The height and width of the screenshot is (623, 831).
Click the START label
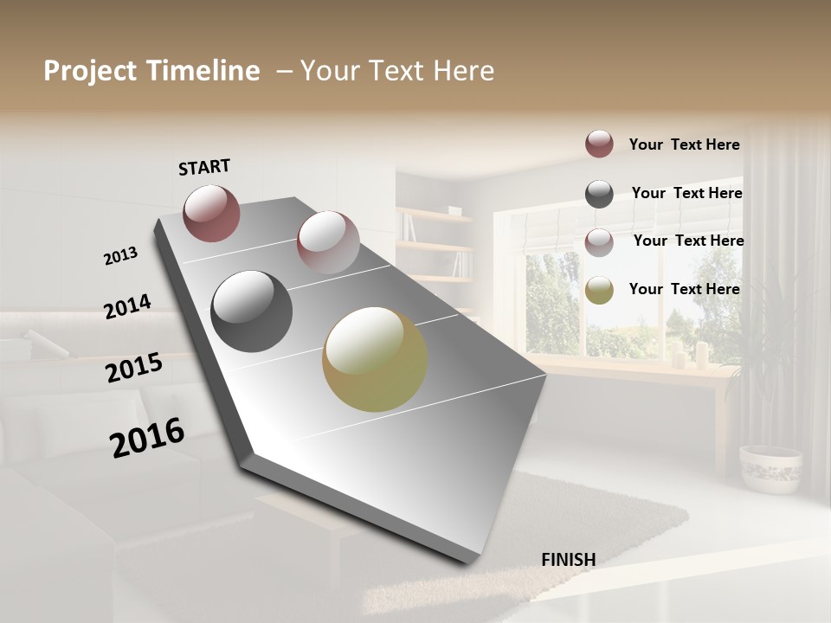[x=204, y=167]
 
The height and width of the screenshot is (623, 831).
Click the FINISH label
[x=568, y=560]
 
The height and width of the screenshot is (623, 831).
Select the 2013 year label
[x=120, y=256]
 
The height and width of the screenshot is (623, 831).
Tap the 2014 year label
[x=127, y=306]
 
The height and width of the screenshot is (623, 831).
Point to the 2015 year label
[x=134, y=368]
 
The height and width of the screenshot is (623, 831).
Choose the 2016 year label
[x=147, y=437]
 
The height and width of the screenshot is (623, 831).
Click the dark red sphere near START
[x=211, y=213]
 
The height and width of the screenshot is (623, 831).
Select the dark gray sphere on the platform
[x=251, y=311]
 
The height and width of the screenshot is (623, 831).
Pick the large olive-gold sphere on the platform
[x=375, y=359]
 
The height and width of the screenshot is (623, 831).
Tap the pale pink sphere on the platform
[x=327, y=241]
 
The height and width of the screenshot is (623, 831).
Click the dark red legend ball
[x=599, y=144]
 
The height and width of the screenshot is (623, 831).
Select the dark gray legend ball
[x=599, y=194]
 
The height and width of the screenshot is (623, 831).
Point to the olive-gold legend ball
[x=599, y=290]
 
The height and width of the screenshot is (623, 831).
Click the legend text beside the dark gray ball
[x=686, y=193]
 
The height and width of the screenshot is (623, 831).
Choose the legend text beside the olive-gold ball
[x=684, y=289]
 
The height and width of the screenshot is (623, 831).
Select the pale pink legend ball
[x=599, y=242]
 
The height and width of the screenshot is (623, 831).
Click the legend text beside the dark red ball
[x=684, y=145]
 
